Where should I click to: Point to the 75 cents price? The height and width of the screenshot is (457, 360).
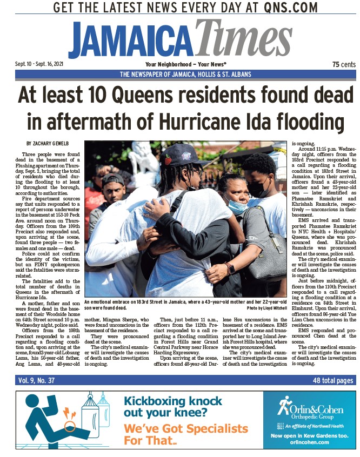(x=343, y=64)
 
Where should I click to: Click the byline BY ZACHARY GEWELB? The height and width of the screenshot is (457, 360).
(x=48, y=143)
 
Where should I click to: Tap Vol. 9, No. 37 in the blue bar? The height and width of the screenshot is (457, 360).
(x=36, y=380)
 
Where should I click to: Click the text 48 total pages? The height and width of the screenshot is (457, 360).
(x=334, y=380)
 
